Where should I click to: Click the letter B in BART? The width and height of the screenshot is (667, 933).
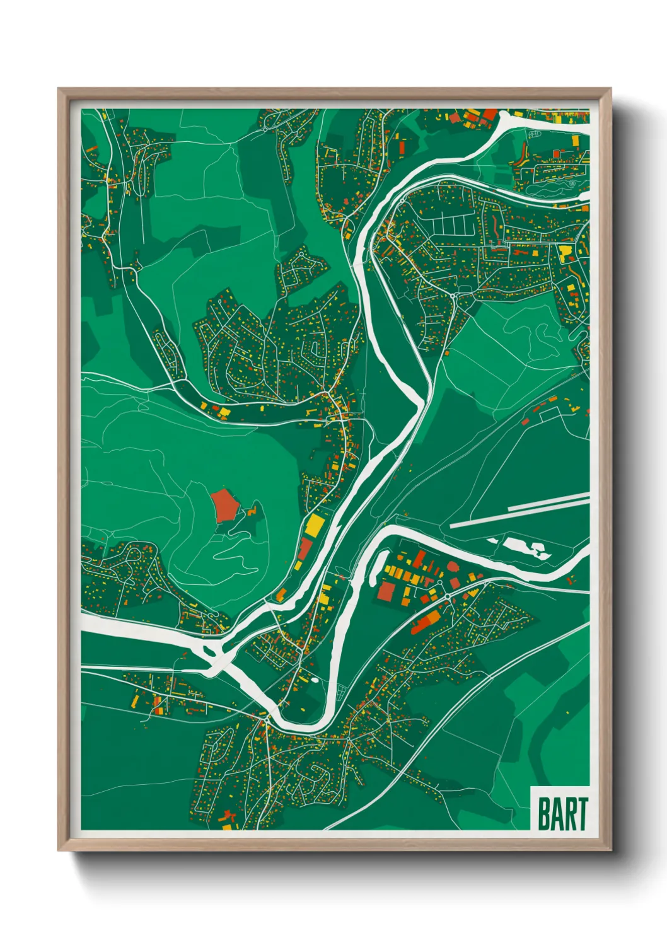543,814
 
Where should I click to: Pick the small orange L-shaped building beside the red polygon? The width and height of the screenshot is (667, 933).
253,511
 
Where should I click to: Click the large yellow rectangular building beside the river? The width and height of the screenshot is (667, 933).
313,525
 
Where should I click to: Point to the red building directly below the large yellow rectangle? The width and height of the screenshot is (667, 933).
304,548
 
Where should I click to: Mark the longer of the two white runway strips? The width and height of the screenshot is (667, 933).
520,511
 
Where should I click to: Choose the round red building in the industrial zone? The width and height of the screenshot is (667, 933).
454,567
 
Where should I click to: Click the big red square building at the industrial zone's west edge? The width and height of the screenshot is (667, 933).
386,591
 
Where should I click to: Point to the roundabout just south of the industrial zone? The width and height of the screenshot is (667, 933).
447,596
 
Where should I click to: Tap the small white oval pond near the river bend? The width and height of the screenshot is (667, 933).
314,680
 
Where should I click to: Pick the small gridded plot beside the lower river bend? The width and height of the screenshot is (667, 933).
341,692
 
